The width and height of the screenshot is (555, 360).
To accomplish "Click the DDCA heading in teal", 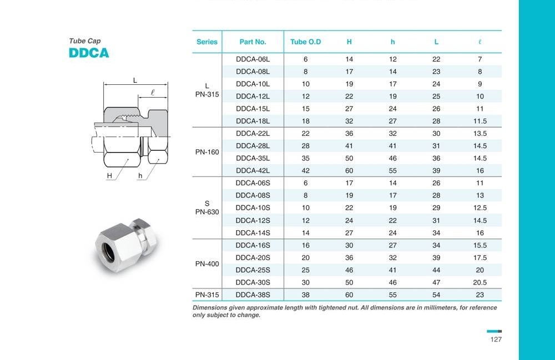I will pos(89,53).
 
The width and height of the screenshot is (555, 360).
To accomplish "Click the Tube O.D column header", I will pos(306,42).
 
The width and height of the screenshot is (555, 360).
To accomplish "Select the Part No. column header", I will pos(253,42).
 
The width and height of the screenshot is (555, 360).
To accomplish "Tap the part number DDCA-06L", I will pos(253,59).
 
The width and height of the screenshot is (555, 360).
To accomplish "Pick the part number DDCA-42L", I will pos(253,171).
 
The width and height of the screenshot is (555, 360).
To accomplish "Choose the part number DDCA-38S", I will pos(253,295).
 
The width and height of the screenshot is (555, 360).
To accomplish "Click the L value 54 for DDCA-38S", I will pos(436,295).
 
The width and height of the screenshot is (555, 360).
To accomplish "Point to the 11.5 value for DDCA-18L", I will pos(480,121).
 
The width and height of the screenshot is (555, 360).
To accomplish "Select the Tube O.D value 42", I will pos(306,171).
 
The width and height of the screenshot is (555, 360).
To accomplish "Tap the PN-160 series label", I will pos(207,152).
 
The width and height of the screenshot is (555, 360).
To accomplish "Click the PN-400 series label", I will pos(207,264).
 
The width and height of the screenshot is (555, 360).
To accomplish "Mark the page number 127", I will pos(496,339).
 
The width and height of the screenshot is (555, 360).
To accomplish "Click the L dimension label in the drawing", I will pos(135,80).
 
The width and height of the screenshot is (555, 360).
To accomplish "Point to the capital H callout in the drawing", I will pos(109,176).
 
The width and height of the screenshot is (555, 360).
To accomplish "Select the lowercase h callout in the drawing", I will pos(140,176).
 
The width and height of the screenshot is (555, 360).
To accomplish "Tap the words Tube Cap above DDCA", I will pos(85,41).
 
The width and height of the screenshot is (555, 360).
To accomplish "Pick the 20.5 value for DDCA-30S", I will pos(480,282).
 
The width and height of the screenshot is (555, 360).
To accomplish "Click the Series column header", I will pos(207,42).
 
